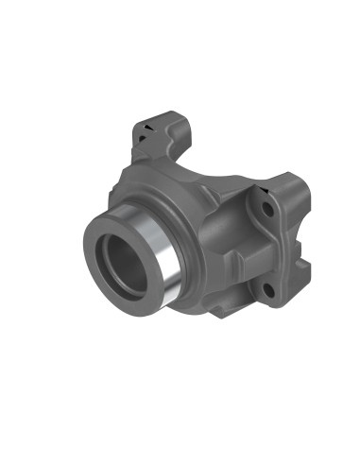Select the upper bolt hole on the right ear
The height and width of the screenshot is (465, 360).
click(x=267, y=204)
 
